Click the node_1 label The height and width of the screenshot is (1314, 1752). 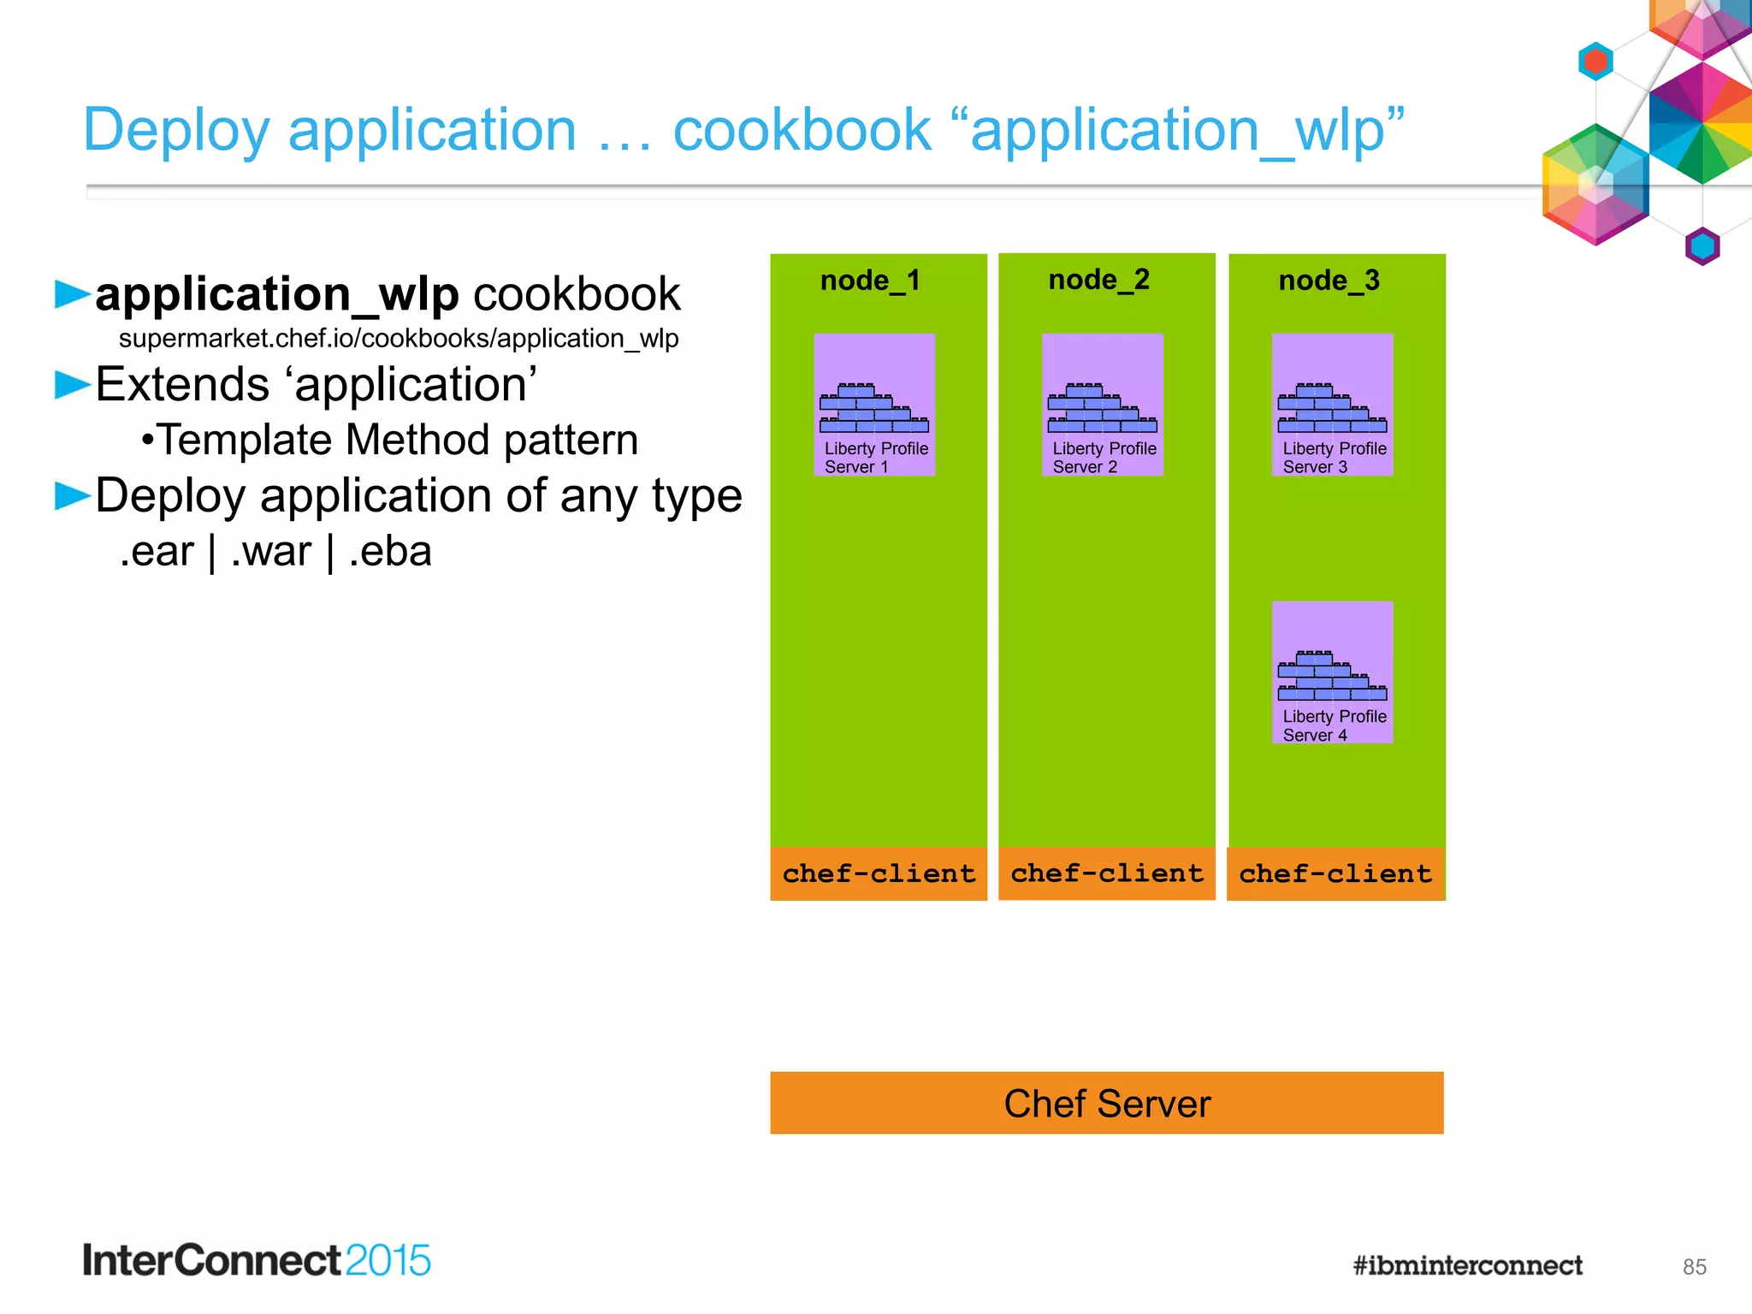870,281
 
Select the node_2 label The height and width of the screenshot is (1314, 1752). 1099,280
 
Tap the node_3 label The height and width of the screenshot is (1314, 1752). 1329,281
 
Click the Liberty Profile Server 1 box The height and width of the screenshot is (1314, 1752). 874,405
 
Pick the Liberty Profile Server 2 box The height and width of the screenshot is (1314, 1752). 1103,405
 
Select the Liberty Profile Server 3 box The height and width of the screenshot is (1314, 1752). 1333,405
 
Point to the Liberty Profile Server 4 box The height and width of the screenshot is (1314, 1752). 1333,672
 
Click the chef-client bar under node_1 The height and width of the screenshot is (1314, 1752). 879,873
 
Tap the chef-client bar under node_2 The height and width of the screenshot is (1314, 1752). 1107,873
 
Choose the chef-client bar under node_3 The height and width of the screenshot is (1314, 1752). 1335,873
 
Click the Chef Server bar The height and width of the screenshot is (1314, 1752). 1107,1104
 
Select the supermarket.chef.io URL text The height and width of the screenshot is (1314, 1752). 399,339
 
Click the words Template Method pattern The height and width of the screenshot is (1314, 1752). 398,440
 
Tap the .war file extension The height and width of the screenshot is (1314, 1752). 271,551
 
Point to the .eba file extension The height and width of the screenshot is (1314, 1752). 390,551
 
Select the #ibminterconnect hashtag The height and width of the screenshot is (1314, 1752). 1467,1265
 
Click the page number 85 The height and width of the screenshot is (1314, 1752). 1694,1267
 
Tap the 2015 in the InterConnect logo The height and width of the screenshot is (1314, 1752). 388,1261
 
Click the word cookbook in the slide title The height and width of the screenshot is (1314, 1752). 802,130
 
